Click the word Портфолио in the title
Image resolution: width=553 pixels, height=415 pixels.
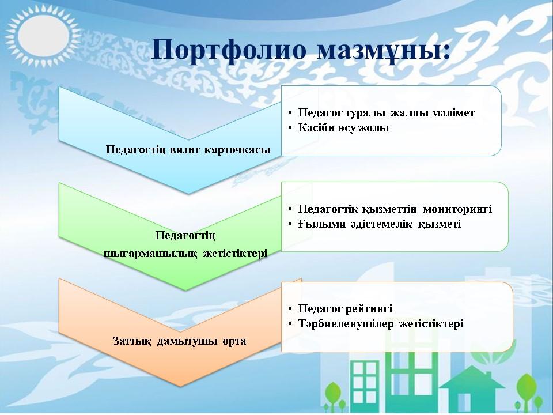(229, 50)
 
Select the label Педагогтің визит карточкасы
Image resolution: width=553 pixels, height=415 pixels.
(188, 149)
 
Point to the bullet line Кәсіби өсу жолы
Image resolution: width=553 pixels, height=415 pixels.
(343, 128)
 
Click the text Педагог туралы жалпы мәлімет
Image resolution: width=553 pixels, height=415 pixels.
(386, 112)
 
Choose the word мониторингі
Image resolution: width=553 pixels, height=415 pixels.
(457, 209)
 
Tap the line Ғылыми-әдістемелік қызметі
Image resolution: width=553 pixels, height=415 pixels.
(380, 224)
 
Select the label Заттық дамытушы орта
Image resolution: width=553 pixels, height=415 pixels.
(179, 341)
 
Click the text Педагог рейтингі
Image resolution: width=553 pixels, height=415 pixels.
(345, 309)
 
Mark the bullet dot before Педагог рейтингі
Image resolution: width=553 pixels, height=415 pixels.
(290, 309)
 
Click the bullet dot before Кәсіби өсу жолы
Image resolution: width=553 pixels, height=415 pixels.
(290, 128)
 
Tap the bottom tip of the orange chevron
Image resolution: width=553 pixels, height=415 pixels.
(180, 386)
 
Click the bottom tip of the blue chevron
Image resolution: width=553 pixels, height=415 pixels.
(188, 194)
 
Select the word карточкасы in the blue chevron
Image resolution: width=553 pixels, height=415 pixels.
(237, 149)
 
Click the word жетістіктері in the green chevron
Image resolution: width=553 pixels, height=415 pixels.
(235, 254)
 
